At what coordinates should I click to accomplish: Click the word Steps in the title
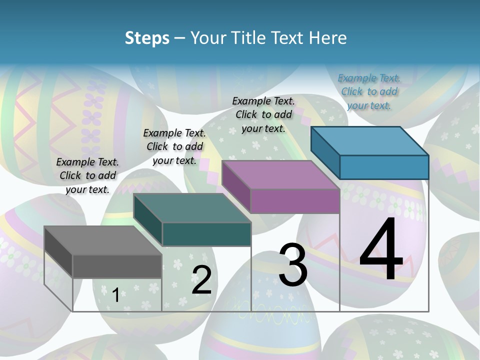pos(146,38)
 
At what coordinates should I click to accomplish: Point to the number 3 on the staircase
pos(293,264)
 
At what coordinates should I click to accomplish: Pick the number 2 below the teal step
pos(201,280)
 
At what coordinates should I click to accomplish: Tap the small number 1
pos(115,295)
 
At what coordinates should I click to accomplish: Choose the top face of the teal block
pos(192,207)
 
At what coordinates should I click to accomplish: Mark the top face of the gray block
pos(103,240)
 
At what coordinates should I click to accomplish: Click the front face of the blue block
pos(384,167)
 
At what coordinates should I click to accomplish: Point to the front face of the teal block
pos(206,234)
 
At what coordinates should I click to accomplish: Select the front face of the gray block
pos(117,266)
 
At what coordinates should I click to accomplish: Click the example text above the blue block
pos(369,91)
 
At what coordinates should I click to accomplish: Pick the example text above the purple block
pos(263,114)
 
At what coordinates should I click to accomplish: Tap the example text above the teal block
pos(174,146)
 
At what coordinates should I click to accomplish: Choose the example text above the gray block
pos(87,175)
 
